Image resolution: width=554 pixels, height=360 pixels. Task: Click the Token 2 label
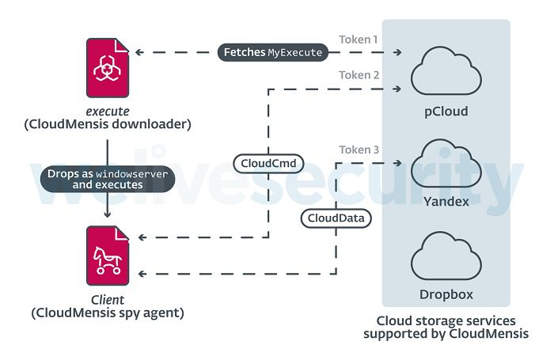click(359, 76)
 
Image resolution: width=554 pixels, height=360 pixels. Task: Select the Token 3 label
click(359, 150)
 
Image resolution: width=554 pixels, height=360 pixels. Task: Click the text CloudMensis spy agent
click(108, 313)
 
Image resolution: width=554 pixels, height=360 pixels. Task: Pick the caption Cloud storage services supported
click(446, 328)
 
